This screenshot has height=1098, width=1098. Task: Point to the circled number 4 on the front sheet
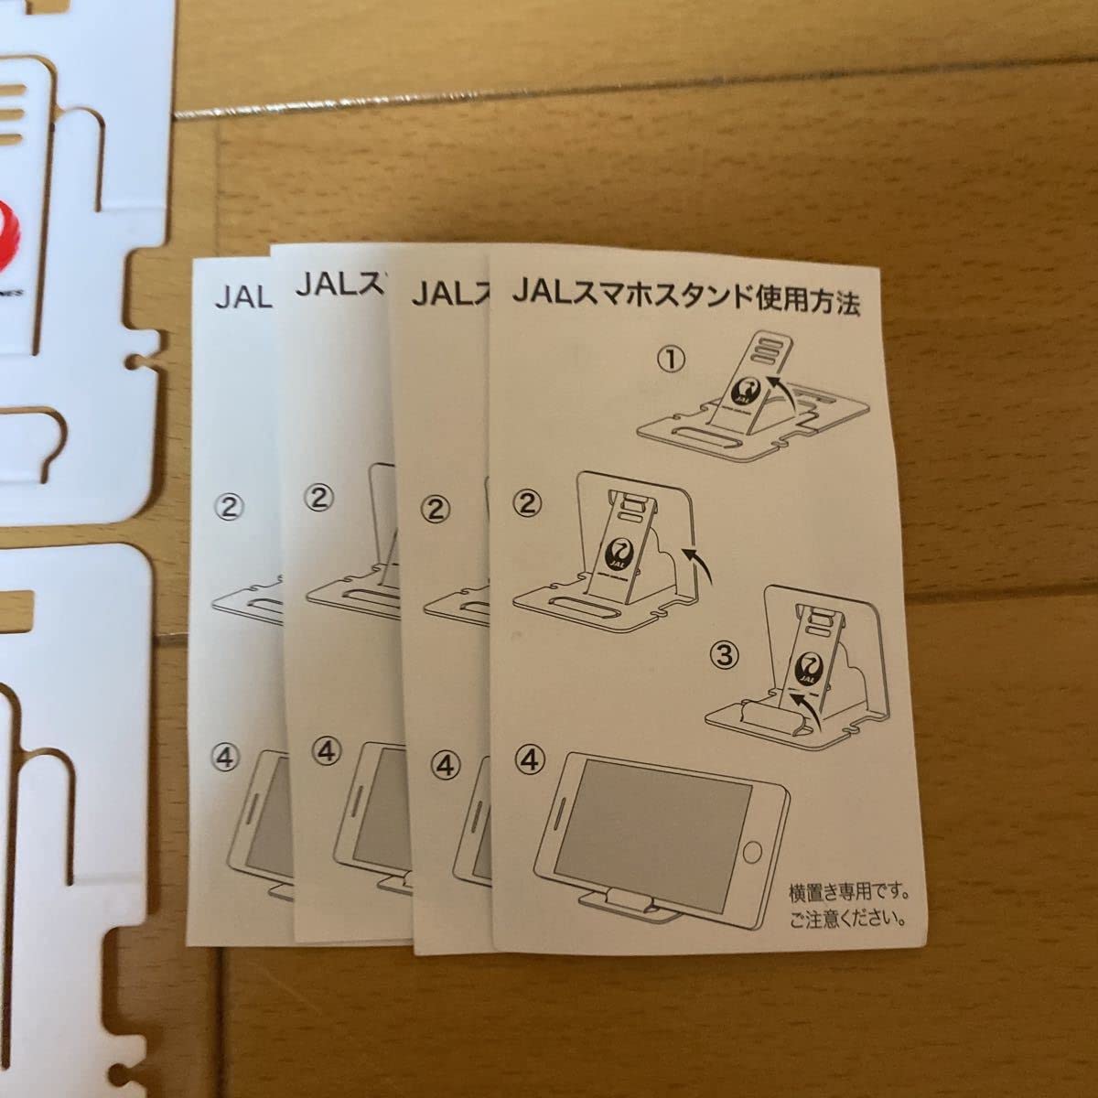tap(529, 759)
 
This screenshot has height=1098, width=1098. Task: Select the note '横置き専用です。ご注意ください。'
tap(849, 904)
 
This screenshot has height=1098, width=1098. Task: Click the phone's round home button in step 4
tap(751, 853)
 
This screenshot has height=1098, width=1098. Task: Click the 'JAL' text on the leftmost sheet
tap(242, 297)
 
